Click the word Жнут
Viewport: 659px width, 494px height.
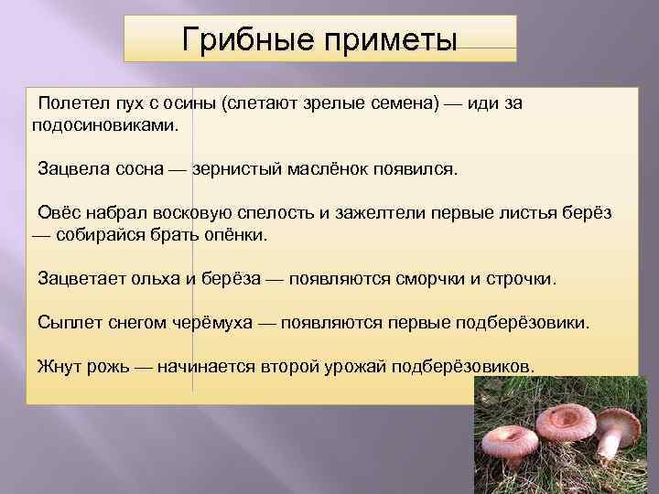58,366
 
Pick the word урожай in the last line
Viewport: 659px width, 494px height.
354,366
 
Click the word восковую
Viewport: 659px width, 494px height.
203,212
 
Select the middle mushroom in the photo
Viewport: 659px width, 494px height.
565,423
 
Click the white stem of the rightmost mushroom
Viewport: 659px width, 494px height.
610,446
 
